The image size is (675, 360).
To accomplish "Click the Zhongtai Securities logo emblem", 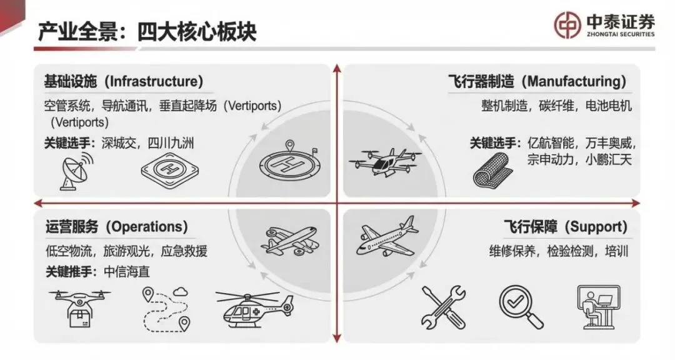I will (568, 25).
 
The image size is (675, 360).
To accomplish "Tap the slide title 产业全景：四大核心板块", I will (147, 31).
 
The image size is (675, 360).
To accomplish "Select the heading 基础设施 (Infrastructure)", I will (124, 82).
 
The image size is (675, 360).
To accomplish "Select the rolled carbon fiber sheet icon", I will (492, 167).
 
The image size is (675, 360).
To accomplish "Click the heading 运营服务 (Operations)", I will (116, 227).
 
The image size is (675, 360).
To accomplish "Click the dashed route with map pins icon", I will (166, 308).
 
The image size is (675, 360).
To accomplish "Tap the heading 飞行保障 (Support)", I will (565, 227).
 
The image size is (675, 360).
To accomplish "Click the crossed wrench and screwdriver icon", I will (443, 306).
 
